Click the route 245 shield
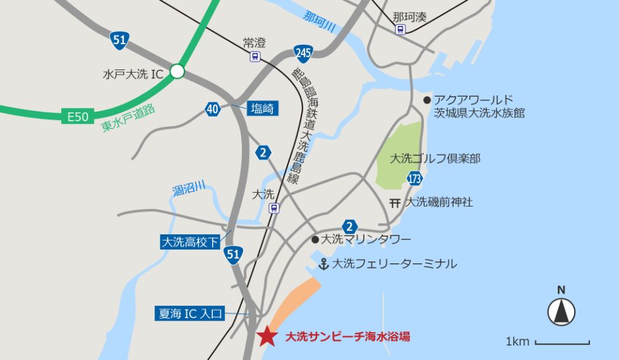[303, 53]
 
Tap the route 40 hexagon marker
[213, 109]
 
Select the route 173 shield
[414, 179]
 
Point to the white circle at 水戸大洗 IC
[177, 72]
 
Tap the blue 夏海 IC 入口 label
[189, 313]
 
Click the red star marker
[267, 337]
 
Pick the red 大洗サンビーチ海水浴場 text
[347, 337]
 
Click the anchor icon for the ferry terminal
[324, 263]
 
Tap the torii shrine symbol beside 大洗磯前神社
[395, 203]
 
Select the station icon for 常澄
[254, 57]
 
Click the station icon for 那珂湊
[400, 29]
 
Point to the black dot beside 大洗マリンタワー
[315, 239]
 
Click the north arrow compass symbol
[561, 311]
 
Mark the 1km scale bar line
[562, 343]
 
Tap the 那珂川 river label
[319, 21]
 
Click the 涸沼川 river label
[189, 188]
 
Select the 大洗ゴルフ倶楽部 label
[435, 159]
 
